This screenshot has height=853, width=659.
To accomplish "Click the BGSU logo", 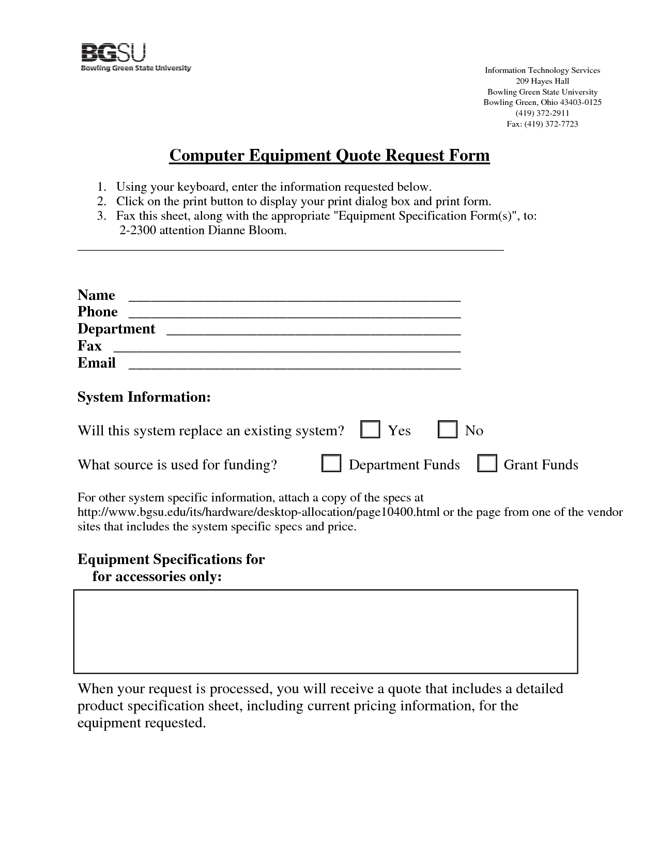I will (136, 57).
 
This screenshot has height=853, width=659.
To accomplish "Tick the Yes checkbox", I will (370, 430).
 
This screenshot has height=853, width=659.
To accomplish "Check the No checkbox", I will (448, 430).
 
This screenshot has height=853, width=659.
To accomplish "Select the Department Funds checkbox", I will (331, 464).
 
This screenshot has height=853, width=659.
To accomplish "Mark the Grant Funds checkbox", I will (487, 464).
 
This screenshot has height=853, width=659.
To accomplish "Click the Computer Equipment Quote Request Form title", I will (329, 156).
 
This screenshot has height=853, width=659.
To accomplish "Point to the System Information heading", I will (144, 397).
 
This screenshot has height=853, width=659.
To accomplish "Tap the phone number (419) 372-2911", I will (542, 113).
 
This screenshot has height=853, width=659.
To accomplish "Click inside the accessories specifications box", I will (326, 631).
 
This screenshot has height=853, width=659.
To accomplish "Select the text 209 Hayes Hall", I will (542, 81).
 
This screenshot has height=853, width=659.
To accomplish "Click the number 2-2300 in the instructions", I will (137, 231).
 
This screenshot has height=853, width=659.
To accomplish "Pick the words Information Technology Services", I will (542, 70).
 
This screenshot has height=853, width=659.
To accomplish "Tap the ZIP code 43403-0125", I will (581, 102).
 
